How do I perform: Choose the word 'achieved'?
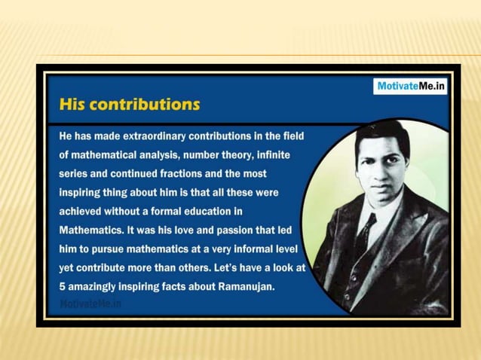coord(81,210)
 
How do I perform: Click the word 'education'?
coord(217,210)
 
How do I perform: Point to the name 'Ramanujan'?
coord(244,286)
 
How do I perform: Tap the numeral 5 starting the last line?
coord(63,286)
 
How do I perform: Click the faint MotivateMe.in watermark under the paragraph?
coord(90,304)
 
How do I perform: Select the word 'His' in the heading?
coord(72,105)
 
